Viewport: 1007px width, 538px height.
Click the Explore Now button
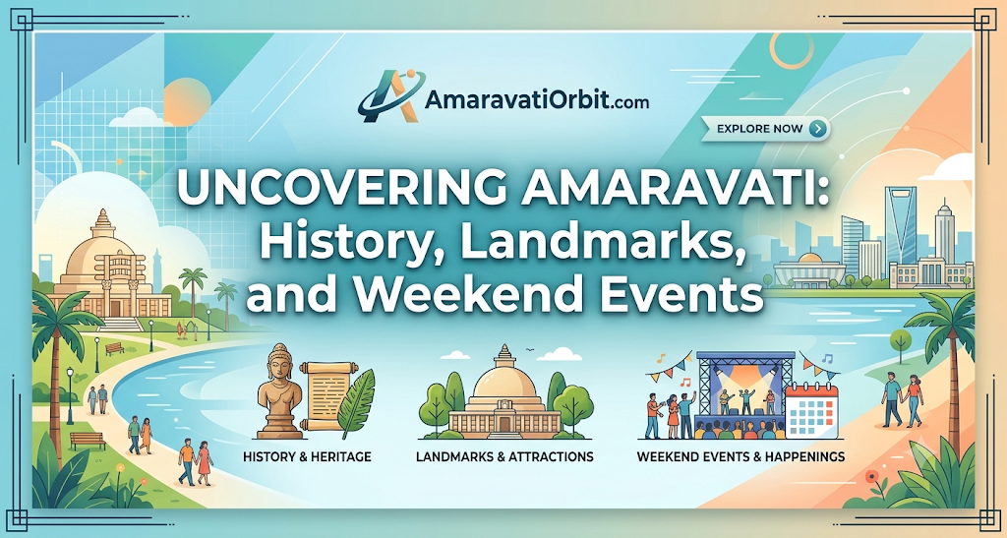coord(765,129)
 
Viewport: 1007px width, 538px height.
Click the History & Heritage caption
coord(307,457)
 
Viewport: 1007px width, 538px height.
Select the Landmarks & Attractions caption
coord(504,457)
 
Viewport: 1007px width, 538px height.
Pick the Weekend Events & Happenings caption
coord(740,457)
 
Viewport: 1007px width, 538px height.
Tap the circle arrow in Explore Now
coord(816,129)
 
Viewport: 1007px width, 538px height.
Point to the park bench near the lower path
coord(88,441)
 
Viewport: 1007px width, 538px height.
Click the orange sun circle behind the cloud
coord(187,100)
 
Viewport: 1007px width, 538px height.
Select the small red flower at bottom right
coord(871,476)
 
